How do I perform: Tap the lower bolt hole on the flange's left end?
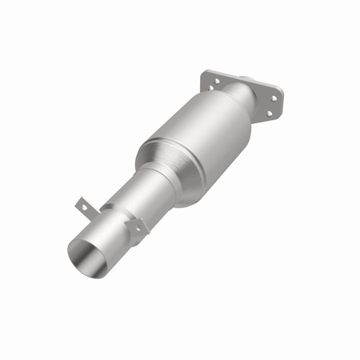pos(210,88)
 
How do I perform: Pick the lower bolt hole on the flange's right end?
pos(270,114)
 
